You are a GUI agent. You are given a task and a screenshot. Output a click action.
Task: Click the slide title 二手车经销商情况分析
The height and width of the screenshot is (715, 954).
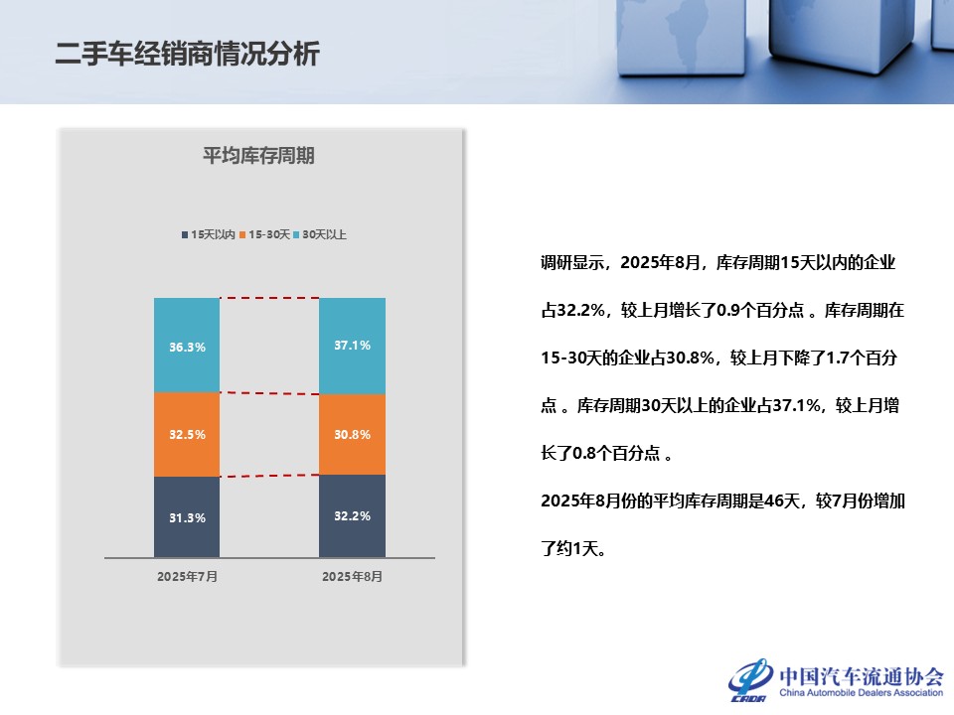pos(188,54)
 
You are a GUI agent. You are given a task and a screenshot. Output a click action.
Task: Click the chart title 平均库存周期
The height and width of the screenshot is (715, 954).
pos(258,156)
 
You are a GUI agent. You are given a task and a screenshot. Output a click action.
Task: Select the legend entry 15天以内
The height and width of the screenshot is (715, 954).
pos(208,234)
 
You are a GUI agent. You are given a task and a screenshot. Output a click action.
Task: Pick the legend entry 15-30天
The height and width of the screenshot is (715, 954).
pos(264,234)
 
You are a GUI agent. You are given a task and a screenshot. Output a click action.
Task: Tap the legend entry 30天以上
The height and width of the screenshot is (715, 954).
pos(320,234)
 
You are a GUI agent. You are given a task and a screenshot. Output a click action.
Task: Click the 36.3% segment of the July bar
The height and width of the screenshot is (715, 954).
pos(187,345)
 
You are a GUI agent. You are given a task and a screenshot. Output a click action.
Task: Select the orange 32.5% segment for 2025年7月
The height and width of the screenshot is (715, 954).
pos(187,434)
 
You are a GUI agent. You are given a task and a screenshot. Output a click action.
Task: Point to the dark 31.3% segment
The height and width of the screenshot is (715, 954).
pos(187,516)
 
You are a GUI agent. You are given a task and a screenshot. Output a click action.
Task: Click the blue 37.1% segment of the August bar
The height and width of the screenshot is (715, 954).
pos(352,346)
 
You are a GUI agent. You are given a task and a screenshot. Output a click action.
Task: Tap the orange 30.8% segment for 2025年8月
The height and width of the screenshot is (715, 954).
pos(352,434)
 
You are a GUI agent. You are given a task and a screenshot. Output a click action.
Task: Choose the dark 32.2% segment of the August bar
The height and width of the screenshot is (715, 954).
pos(352,515)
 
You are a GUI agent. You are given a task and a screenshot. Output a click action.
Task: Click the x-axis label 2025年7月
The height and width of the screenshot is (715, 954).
pos(188,576)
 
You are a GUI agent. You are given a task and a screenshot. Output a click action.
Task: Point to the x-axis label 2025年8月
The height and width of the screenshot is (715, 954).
pos(352,576)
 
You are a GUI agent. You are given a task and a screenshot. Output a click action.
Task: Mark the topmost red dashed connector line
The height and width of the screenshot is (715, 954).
pos(269,298)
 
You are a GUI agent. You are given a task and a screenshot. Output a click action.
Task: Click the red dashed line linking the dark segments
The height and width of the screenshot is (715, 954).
pos(269,476)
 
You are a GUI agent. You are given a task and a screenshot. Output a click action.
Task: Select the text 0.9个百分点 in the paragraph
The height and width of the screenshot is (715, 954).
pos(760,310)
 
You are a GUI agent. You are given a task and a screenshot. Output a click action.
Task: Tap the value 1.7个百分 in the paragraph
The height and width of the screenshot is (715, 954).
pos(862,357)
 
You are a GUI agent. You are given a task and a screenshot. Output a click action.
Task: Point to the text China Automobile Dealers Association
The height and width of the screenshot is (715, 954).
pos(861,692)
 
